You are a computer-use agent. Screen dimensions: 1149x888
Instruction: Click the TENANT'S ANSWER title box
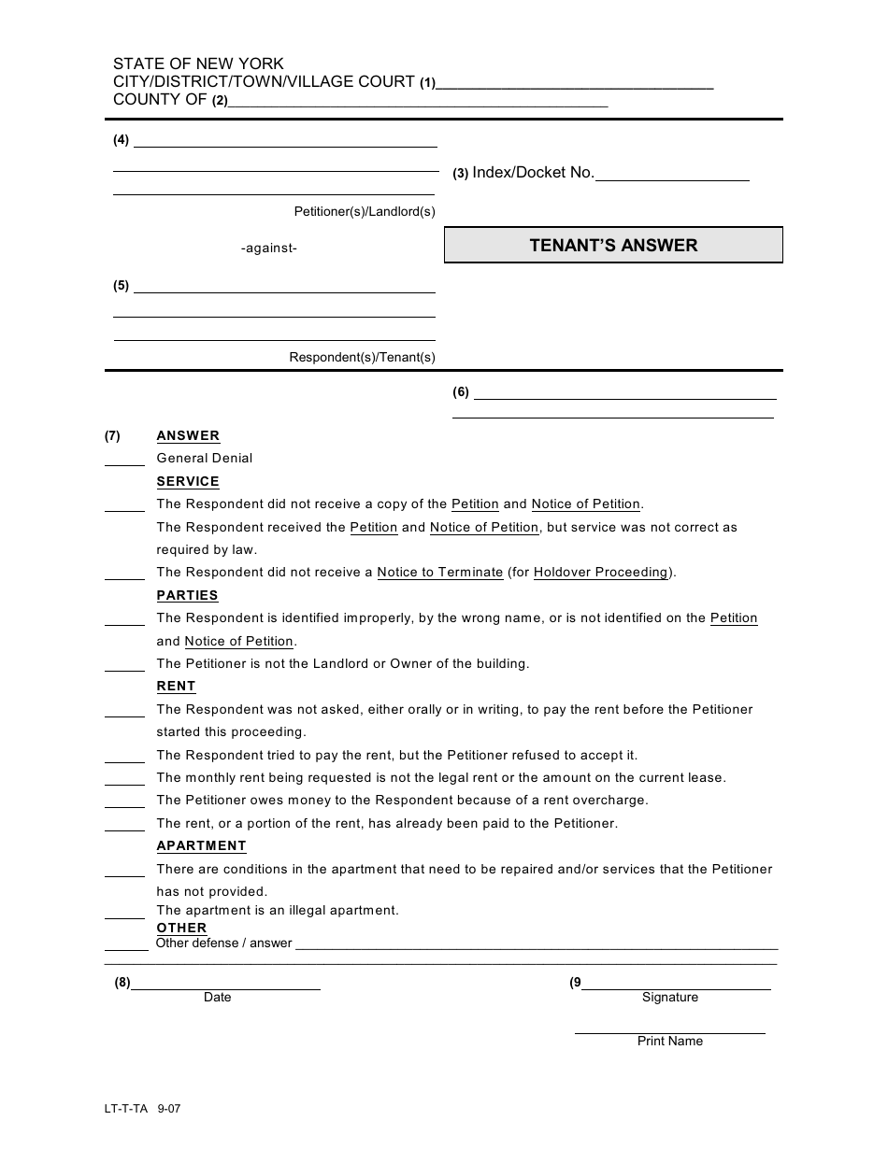pos(613,246)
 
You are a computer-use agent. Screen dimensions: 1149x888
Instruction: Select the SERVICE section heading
pos(188,482)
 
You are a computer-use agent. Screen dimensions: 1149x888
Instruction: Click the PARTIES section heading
pos(187,596)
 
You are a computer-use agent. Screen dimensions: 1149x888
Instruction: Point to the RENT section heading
pos(176,687)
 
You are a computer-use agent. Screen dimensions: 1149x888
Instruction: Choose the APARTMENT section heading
pos(201,846)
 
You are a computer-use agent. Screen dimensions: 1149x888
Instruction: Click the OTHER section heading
pos(181,928)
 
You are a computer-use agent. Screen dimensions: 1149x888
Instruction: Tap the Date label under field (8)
pos(217,998)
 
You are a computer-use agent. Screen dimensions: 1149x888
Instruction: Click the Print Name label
pos(669,1042)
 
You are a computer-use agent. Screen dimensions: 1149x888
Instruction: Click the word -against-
pos(268,248)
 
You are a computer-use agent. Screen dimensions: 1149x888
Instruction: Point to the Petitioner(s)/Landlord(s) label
pos(365,212)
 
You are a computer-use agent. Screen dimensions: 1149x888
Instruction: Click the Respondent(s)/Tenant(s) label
pos(362,358)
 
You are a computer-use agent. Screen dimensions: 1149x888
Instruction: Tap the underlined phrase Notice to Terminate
pos(439,573)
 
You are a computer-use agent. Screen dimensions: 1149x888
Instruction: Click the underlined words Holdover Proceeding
pos(600,573)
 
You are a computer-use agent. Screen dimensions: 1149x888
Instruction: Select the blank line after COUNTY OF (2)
pos(418,104)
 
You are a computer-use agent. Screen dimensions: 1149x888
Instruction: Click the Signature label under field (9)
pos(669,998)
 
